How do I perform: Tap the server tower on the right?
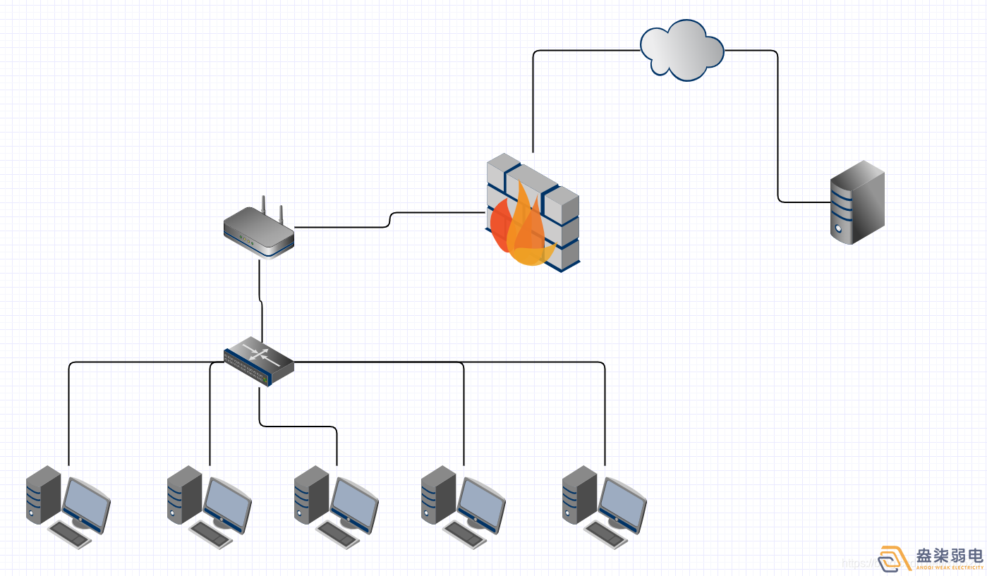pyautogui.click(x=857, y=202)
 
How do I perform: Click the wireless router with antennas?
pyautogui.click(x=258, y=232)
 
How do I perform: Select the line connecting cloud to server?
pyautogui.click(x=777, y=127)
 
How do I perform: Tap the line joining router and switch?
pyautogui.click(x=261, y=303)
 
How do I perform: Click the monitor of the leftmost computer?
pyautogui.click(x=86, y=503)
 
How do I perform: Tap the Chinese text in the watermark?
pyautogui.click(x=949, y=555)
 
